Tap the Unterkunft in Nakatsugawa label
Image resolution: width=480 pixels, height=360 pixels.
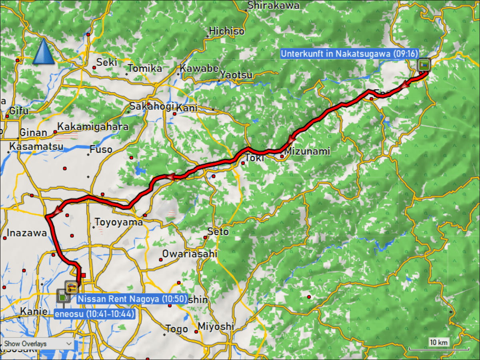pyautogui.click(x=349, y=54)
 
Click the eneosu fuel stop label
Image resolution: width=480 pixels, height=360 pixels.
pyautogui.click(x=94, y=314)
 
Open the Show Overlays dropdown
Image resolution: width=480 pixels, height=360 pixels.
pyautogui.click(x=38, y=344)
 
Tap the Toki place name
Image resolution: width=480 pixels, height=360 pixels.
pyautogui.click(x=254, y=158)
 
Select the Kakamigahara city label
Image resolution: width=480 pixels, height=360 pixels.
pyautogui.click(x=93, y=127)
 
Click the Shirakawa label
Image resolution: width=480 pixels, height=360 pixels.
pyautogui.click(x=274, y=6)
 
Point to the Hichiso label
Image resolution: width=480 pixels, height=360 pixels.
pyautogui.click(x=226, y=31)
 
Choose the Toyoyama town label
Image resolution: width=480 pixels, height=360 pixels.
pyautogui.click(x=118, y=222)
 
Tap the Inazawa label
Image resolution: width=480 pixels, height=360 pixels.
pyautogui.click(x=27, y=233)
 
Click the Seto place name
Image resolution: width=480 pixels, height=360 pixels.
pyautogui.click(x=218, y=232)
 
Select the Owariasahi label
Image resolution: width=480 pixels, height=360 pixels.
pyautogui.click(x=190, y=254)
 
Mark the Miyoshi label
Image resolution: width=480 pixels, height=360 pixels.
pyautogui.click(x=216, y=326)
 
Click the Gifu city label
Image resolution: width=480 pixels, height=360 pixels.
pyautogui.click(x=19, y=111)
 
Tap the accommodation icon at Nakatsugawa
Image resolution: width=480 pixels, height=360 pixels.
pyautogui.click(x=423, y=64)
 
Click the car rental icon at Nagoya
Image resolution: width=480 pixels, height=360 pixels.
pyautogui.click(x=71, y=286)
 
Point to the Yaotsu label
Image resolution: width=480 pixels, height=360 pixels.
pyautogui.click(x=236, y=75)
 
